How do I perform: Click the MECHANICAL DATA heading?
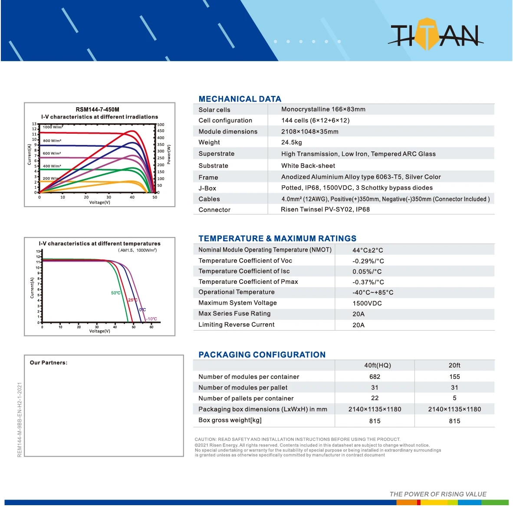(x=240, y=99)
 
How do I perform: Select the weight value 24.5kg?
(x=291, y=142)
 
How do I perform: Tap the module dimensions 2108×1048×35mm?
(x=309, y=132)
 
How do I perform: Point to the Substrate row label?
(x=213, y=166)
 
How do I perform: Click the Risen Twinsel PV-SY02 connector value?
(x=325, y=210)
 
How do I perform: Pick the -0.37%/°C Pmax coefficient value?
(x=368, y=282)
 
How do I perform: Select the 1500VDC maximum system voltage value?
(x=367, y=303)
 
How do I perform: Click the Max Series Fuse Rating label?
(x=234, y=314)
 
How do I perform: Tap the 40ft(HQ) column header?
(x=377, y=365)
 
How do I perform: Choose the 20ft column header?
(x=454, y=365)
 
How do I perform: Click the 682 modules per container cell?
(x=375, y=377)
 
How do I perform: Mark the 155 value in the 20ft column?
(x=454, y=377)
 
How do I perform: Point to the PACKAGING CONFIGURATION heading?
(x=262, y=355)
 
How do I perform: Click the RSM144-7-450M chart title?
(x=97, y=109)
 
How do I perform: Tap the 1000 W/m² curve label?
(x=53, y=127)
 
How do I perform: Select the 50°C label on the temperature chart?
(x=115, y=293)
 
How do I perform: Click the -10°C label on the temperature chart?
(x=151, y=319)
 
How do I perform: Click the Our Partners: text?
(x=48, y=363)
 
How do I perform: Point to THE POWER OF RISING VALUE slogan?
(x=437, y=494)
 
